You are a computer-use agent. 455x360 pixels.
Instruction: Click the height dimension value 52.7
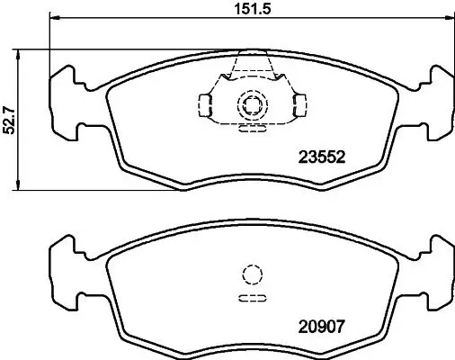click(x=10, y=119)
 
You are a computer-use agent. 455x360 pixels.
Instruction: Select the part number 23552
click(x=321, y=156)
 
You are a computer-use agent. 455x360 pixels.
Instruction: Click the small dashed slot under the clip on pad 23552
click(x=251, y=128)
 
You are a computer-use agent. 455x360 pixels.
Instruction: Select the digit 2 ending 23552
click(x=342, y=156)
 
